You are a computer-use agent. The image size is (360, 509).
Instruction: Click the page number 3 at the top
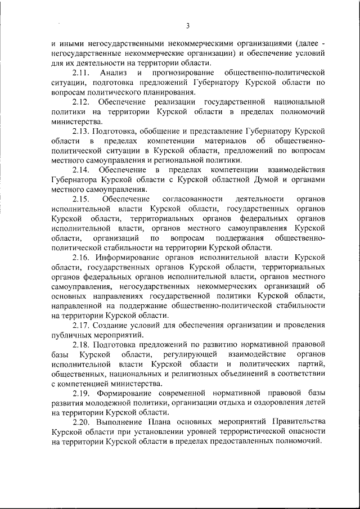tap(188, 25)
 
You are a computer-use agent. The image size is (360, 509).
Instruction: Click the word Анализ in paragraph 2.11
tap(112, 73)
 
